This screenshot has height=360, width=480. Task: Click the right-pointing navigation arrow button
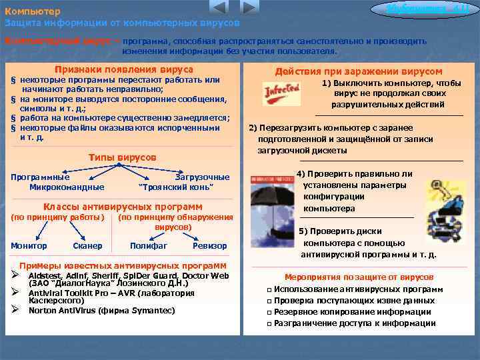pyautogui.click(x=249, y=8)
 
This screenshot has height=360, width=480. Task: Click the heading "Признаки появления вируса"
pyautogui.click(x=124, y=69)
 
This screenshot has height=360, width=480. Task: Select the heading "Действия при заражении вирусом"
pyautogui.click(x=359, y=71)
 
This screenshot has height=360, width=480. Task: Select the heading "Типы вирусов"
pyautogui.click(x=123, y=157)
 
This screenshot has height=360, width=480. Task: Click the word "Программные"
pyautogui.click(x=41, y=177)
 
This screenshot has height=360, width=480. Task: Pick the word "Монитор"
pyautogui.click(x=29, y=246)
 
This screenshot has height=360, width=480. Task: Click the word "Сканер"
pyautogui.click(x=87, y=246)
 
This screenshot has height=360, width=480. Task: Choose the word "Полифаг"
pyautogui.click(x=145, y=246)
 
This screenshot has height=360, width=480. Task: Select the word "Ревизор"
pyautogui.click(x=210, y=246)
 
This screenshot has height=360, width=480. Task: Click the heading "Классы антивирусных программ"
pyautogui.click(x=123, y=206)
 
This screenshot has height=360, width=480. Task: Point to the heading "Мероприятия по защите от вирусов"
pyautogui.click(x=359, y=276)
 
